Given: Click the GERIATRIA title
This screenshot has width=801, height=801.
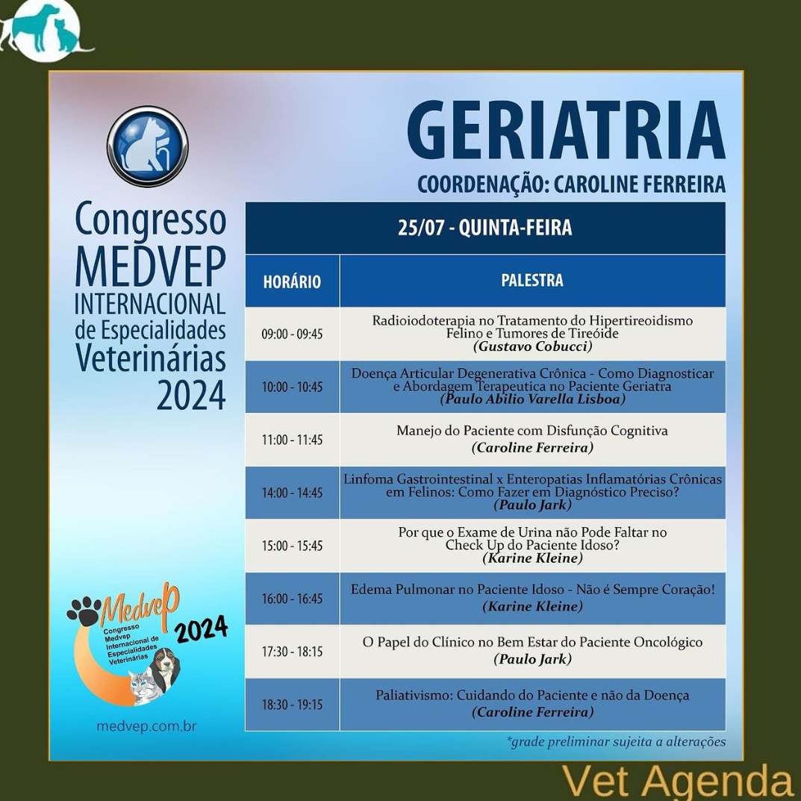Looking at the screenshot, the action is [x=566, y=131].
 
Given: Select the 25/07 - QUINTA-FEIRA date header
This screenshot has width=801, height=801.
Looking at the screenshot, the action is [x=484, y=228].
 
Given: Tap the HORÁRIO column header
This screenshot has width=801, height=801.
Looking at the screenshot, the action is [x=292, y=281].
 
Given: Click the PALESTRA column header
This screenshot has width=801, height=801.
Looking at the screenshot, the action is [x=532, y=280].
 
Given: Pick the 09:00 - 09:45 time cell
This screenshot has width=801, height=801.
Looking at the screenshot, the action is [x=292, y=334].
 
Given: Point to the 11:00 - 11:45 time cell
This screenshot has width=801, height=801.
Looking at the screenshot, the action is [x=292, y=440].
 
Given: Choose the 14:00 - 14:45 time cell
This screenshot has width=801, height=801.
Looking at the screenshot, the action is [x=292, y=493].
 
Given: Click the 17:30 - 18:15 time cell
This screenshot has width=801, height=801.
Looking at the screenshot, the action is [x=292, y=652].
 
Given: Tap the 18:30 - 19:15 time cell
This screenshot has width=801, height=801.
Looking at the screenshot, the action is [x=292, y=705].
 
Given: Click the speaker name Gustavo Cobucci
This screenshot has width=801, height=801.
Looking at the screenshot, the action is [x=533, y=346].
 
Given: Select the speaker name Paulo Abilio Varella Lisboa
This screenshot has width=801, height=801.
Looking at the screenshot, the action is [x=533, y=399].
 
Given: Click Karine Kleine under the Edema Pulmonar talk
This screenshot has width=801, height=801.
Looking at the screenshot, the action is [x=533, y=606].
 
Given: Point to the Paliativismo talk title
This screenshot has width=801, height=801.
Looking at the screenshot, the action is [x=532, y=695].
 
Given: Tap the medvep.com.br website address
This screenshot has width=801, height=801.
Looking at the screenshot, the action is [x=146, y=726].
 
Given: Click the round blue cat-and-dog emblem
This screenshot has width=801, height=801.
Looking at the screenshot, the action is [x=148, y=146].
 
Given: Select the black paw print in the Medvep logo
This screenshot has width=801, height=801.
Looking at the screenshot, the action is [x=84, y=611].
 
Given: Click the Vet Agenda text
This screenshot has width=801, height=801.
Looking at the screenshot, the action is [x=676, y=782].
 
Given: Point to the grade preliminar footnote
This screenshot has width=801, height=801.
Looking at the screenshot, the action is [x=616, y=741].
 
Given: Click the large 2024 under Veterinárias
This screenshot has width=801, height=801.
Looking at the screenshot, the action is [x=191, y=395].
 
